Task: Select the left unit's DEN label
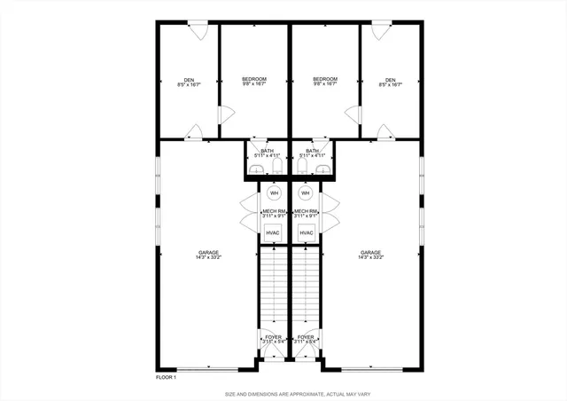click(x=190, y=81)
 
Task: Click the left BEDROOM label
click(x=254, y=80)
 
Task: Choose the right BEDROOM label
click(x=325, y=80)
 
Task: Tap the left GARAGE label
click(x=208, y=253)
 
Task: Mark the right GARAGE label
click(x=371, y=253)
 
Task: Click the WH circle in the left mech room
click(x=275, y=193)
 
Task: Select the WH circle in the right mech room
click(x=306, y=193)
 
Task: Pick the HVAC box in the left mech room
click(x=274, y=232)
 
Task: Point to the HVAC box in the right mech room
click(x=307, y=232)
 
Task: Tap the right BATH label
click(x=313, y=151)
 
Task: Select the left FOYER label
click(x=274, y=337)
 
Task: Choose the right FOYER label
click(x=307, y=337)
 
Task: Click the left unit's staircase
click(x=274, y=284)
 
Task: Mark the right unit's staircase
click(x=307, y=284)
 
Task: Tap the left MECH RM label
click(x=274, y=211)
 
